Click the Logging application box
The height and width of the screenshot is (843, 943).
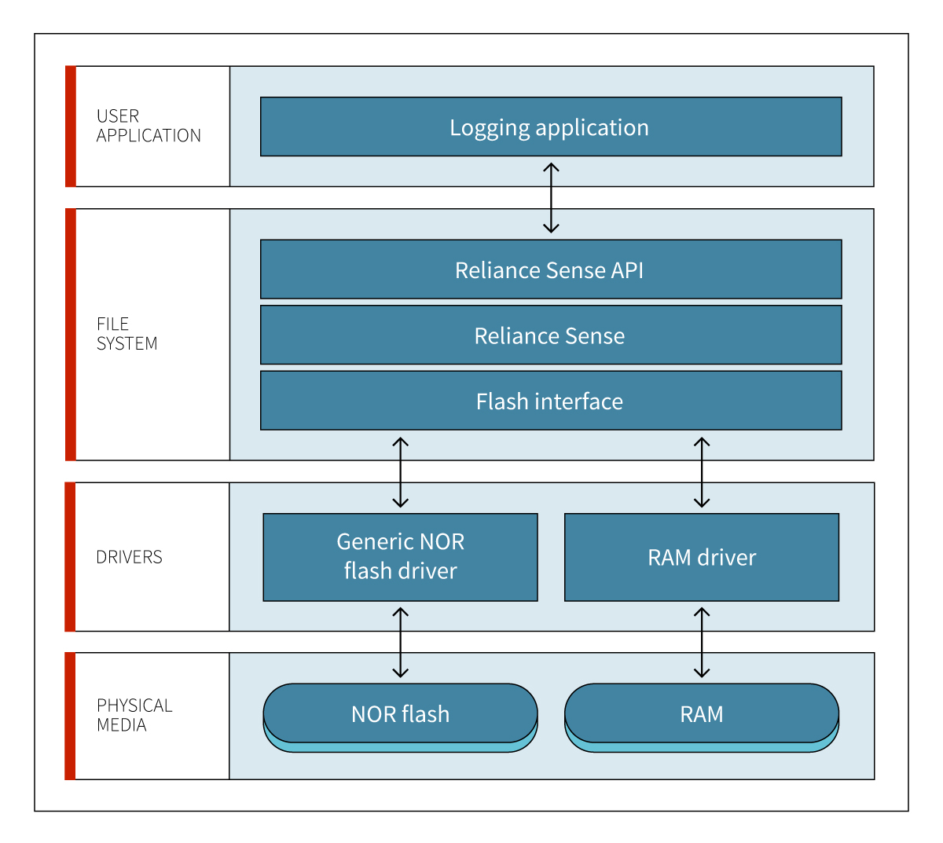(551, 126)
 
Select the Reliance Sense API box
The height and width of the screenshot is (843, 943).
(551, 269)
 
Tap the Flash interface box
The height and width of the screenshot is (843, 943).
(551, 401)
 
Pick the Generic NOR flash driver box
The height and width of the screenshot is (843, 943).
(400, 557)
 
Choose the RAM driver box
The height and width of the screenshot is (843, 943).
(702, 557)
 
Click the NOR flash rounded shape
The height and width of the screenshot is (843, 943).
(400, 717)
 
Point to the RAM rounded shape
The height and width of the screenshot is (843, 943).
(702, 717)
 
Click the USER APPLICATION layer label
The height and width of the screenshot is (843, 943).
(149, 126)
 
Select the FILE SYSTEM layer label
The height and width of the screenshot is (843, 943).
(127, 333)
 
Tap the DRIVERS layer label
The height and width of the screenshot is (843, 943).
(129, 557)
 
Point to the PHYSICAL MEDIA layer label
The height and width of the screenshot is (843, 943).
(134, 715)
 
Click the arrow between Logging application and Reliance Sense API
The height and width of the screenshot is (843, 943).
(551, 197)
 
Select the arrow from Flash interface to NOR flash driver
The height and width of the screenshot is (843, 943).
(400, 472)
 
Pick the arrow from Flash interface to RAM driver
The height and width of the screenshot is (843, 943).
(702, 472)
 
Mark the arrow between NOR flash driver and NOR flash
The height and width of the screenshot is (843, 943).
(400, 642)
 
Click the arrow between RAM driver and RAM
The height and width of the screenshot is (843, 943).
(702, 642)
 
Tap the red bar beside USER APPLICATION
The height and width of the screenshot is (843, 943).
(70, 126)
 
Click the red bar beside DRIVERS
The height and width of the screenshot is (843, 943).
(70, 557)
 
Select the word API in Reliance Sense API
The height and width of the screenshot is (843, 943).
(627, 270)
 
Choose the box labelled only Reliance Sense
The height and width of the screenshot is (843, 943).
(551, 335)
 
